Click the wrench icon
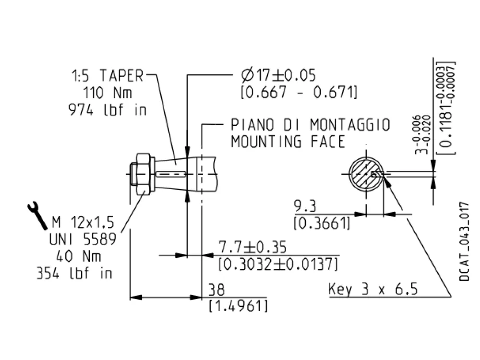coord(37,215)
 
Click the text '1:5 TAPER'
coord(108,76)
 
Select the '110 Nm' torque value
coord(108,93)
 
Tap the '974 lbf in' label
coord(108,109)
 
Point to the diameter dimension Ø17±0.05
coord(278,75)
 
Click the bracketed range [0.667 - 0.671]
coord(299,92)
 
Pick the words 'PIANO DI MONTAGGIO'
coord(311,125)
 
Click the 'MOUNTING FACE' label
coord(288,142)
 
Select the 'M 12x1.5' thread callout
coord(83,222)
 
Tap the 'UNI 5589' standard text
coord(83,239)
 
